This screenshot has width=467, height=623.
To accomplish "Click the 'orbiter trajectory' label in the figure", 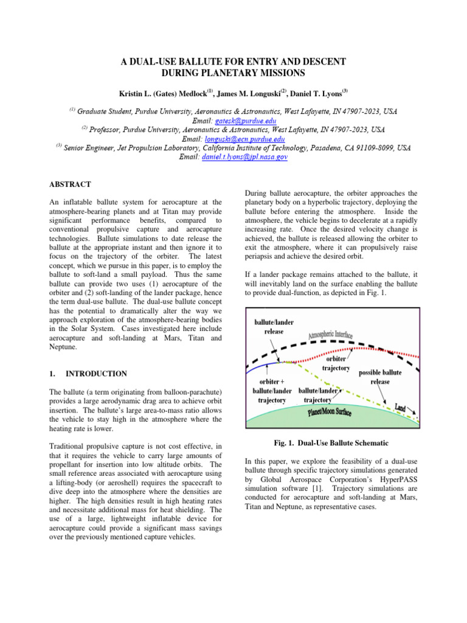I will pos(335,363).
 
